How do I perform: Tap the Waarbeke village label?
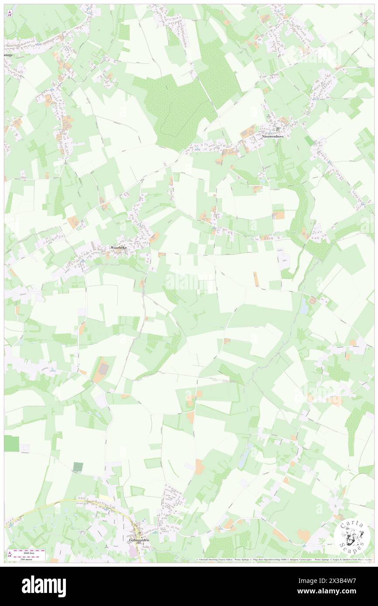[119, 247]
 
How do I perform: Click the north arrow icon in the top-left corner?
[10, 14]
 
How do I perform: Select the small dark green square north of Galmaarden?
[78, 467]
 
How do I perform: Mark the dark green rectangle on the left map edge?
[11, 443]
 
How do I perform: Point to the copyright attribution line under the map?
[284, 560]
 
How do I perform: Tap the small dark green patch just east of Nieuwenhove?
[309, 141]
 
